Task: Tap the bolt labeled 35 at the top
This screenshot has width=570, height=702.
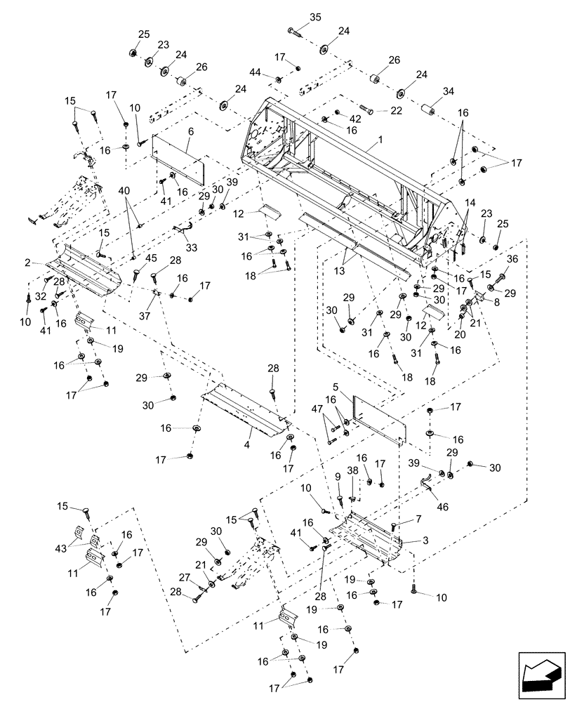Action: [x=293, y=31]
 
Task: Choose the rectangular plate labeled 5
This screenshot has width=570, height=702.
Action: [x=379, y=419]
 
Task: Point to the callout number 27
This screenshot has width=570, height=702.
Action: [x=184, y=577]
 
